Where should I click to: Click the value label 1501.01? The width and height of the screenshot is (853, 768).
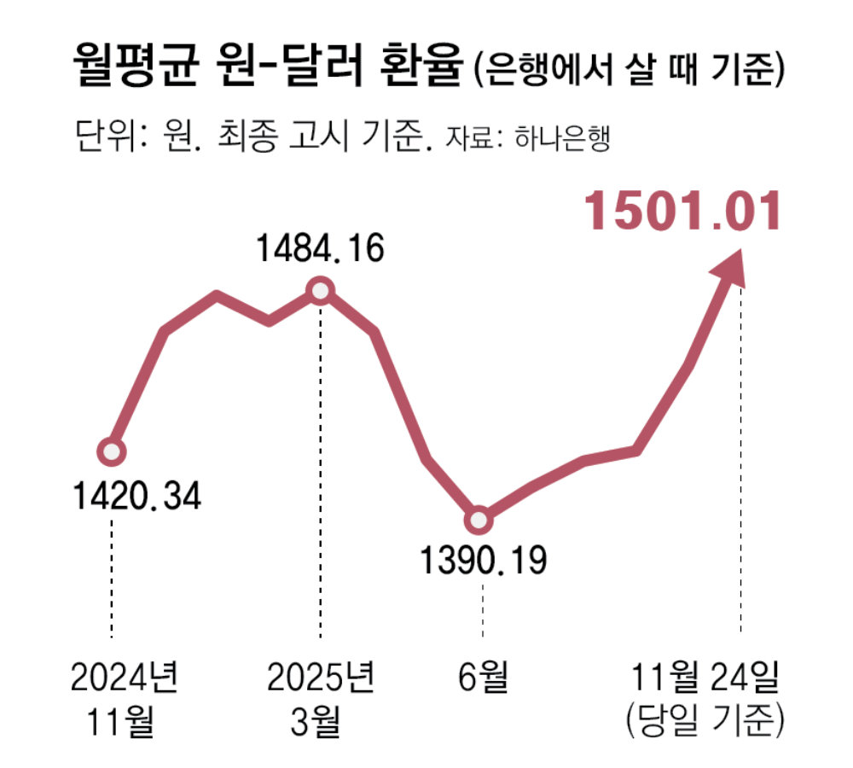(x=682, y=212)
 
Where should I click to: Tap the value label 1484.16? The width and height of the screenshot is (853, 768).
(x=321, y=248)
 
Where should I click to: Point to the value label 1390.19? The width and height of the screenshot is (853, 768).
(x=483, y=561)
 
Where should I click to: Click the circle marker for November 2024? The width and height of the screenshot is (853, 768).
(x=111, y=451)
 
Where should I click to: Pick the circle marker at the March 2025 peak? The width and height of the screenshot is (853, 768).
(x=320, y=292)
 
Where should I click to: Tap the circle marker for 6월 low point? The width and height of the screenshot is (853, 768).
(x=480, y=519)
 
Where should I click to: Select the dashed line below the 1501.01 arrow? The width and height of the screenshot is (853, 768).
(x=740, y=461)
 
